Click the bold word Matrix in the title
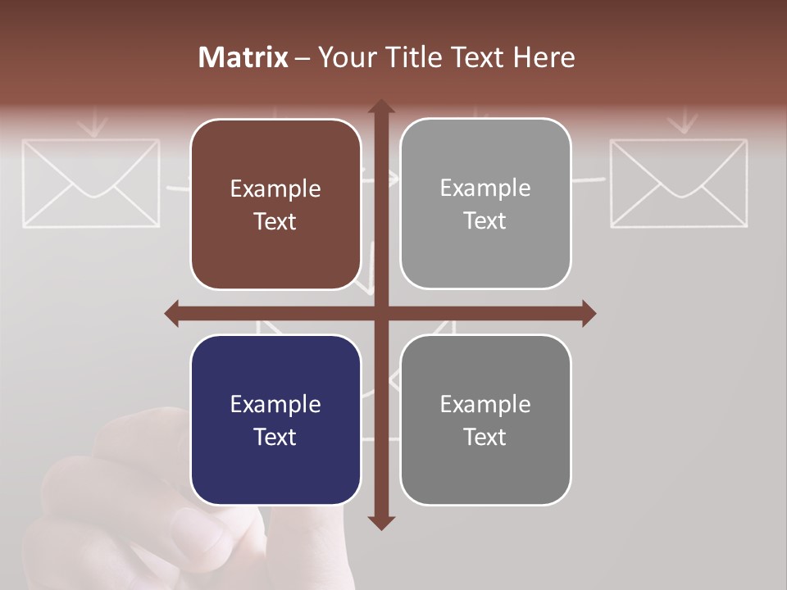tap(243, 57)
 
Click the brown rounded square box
tap(275, 204)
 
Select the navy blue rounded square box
tap(275, 420)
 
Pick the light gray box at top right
tap(485, 203)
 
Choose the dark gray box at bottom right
tap(485, 420)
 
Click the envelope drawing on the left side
tap(90, 182)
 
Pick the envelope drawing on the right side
tap(679, 182)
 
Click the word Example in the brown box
tap(275, 189)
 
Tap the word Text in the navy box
tap(275, 437)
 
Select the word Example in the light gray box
tap(485, 188)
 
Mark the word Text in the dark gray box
tap(485, 437)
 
